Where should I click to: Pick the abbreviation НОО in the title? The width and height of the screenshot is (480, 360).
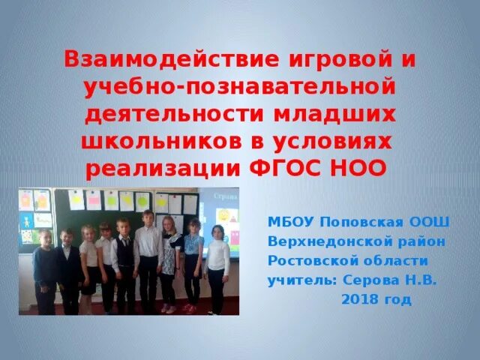359,167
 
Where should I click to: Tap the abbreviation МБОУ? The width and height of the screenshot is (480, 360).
291,223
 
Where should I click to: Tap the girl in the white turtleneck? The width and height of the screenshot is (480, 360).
217,266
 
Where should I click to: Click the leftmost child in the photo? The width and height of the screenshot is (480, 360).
43,270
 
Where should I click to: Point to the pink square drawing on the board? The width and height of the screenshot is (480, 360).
94,199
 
